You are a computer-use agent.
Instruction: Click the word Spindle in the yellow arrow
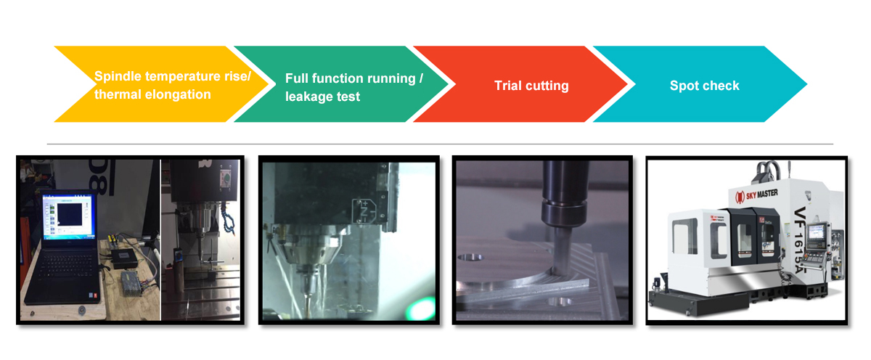pos(118,76)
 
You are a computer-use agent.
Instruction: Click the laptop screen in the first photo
pos(69,215)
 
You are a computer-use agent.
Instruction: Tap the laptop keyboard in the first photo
pos(66,265)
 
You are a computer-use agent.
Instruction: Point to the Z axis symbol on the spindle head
pos(364,212)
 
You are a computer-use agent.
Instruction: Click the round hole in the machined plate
pos(470,258)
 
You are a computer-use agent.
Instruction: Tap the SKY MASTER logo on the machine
pos(756,195)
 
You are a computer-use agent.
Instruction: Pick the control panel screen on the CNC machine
pos(816,232)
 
